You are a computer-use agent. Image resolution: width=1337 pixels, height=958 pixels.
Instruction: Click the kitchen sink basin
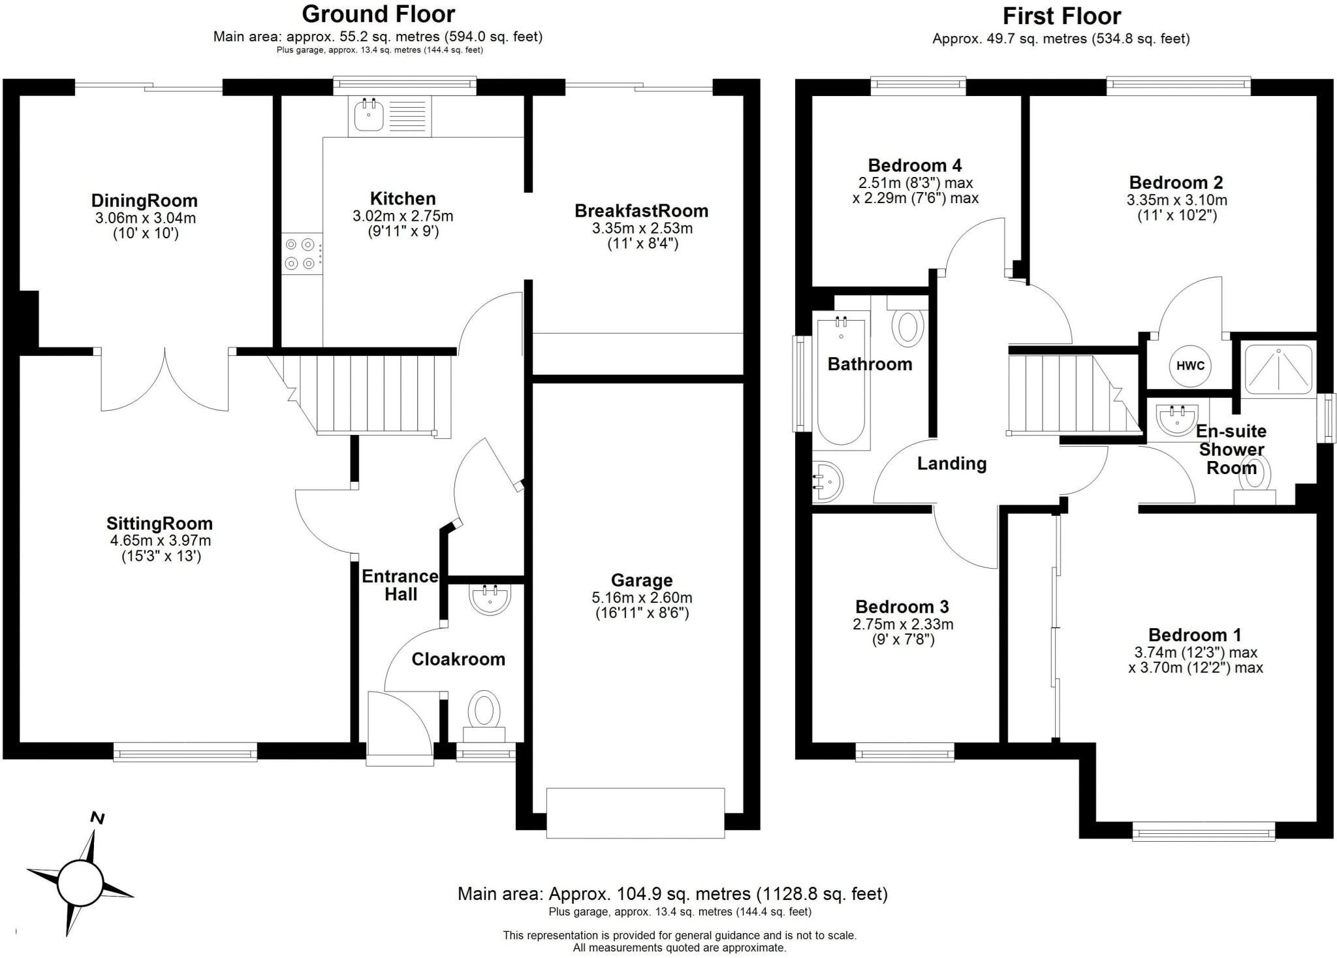(369, 116)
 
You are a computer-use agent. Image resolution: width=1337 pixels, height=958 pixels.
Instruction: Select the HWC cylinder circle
(1190, 366)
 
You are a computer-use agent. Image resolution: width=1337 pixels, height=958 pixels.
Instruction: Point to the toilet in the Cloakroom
(484, 711)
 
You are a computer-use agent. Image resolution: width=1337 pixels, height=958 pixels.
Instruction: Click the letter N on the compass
(97, 818)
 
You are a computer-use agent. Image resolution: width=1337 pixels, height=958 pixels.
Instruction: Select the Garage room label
(641, 580)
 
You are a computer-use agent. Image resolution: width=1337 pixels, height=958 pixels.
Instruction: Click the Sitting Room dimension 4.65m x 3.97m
(161, 541)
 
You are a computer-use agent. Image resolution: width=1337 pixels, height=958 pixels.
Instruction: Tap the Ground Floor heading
(378, 14)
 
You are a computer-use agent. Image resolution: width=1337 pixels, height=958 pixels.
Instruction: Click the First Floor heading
(1062, 16)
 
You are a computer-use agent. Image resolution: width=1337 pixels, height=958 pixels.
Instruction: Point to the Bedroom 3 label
(902, 607)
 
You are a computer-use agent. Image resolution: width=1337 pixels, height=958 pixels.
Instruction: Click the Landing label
(951, 464)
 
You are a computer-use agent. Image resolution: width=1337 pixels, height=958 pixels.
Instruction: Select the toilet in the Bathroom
(907, 327)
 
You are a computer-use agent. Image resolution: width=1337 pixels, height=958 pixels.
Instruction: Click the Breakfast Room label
(641, 211)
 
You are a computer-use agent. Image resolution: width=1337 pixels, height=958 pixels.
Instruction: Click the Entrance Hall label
(400, 585)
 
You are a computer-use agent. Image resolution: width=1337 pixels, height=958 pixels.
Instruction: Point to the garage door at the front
(635, 812)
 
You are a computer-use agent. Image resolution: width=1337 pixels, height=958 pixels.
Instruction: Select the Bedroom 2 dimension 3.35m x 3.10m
(1176, 200)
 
